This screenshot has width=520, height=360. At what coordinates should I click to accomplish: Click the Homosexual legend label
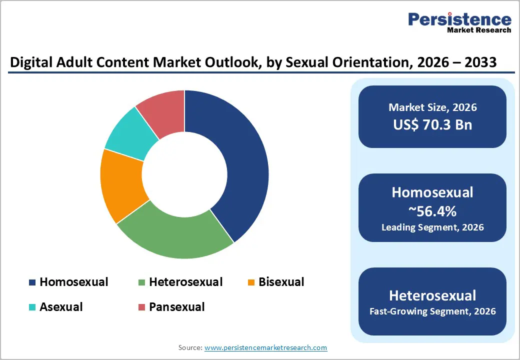(x=74, y=282)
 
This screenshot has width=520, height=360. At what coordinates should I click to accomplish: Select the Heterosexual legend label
(x=185, y=282)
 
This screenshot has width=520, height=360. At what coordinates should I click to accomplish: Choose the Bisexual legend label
(x=281, y=282)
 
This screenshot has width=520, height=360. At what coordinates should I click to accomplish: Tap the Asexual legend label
(x=61, y=306)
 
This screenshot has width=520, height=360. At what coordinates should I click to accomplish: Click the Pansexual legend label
(x=176, y=306)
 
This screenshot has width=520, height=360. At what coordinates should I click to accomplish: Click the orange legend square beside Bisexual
(x=251, y=282)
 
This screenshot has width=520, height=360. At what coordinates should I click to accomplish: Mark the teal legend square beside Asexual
(x=32, y=307)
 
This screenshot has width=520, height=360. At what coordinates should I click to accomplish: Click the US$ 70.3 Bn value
(x=432, y=124)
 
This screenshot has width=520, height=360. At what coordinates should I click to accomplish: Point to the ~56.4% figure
(x=432, y=211)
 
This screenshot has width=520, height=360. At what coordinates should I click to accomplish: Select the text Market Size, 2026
(x=432, y=107)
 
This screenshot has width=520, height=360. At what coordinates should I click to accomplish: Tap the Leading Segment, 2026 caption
(x=432, y=227)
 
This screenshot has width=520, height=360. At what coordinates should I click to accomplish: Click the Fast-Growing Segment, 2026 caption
(x=432, y=311)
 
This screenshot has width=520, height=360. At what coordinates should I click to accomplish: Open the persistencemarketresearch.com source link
(x=265, y=347)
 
